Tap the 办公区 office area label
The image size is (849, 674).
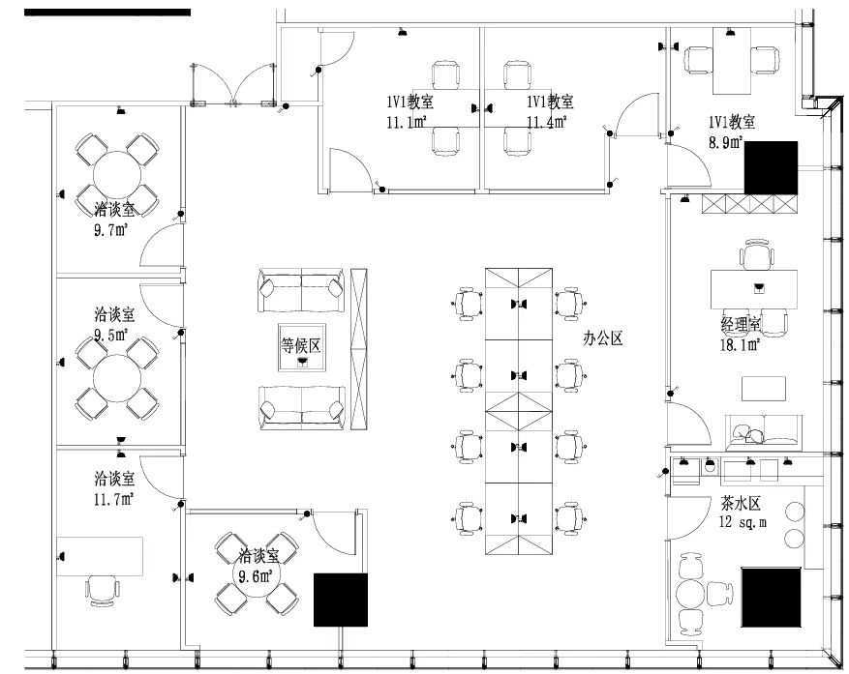[x=601, y=338]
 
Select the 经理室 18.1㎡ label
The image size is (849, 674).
[x=740, y=333]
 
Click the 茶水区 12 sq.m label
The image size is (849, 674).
[x=742, y=512]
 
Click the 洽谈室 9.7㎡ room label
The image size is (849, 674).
[x=114, y=220]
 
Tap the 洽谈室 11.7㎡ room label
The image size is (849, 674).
[x=114, y=488]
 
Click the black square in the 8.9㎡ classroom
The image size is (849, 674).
[x=771, y=167]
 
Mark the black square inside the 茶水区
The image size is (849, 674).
[x=771, y=600]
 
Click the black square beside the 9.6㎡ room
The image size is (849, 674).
[x=341, y=601]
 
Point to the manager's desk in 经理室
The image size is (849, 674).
[x=758, y=288]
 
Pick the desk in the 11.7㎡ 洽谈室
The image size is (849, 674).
[x=100, y=556]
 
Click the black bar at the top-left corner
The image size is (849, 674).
[x=107, y=13]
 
